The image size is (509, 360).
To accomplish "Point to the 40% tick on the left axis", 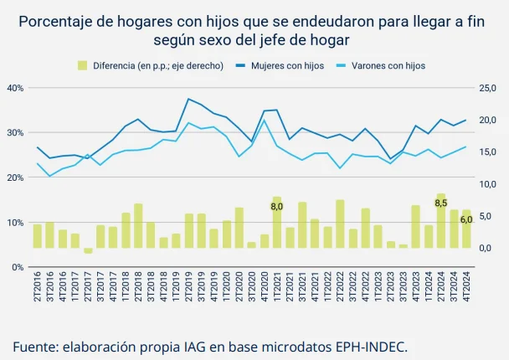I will click(15, 87).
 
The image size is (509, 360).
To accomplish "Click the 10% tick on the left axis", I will click(15, 223).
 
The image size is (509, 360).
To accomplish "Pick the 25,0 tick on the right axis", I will click(487, 87).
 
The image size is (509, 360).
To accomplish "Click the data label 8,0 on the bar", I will click(277, 206).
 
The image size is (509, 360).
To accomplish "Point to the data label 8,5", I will click(441, 203).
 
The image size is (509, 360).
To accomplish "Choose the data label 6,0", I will click(466, 219).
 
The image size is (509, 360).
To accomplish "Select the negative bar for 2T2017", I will click(88, 250).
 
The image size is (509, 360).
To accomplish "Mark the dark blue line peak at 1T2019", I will click(189, 99).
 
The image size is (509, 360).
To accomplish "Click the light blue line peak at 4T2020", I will click(265, 120).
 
